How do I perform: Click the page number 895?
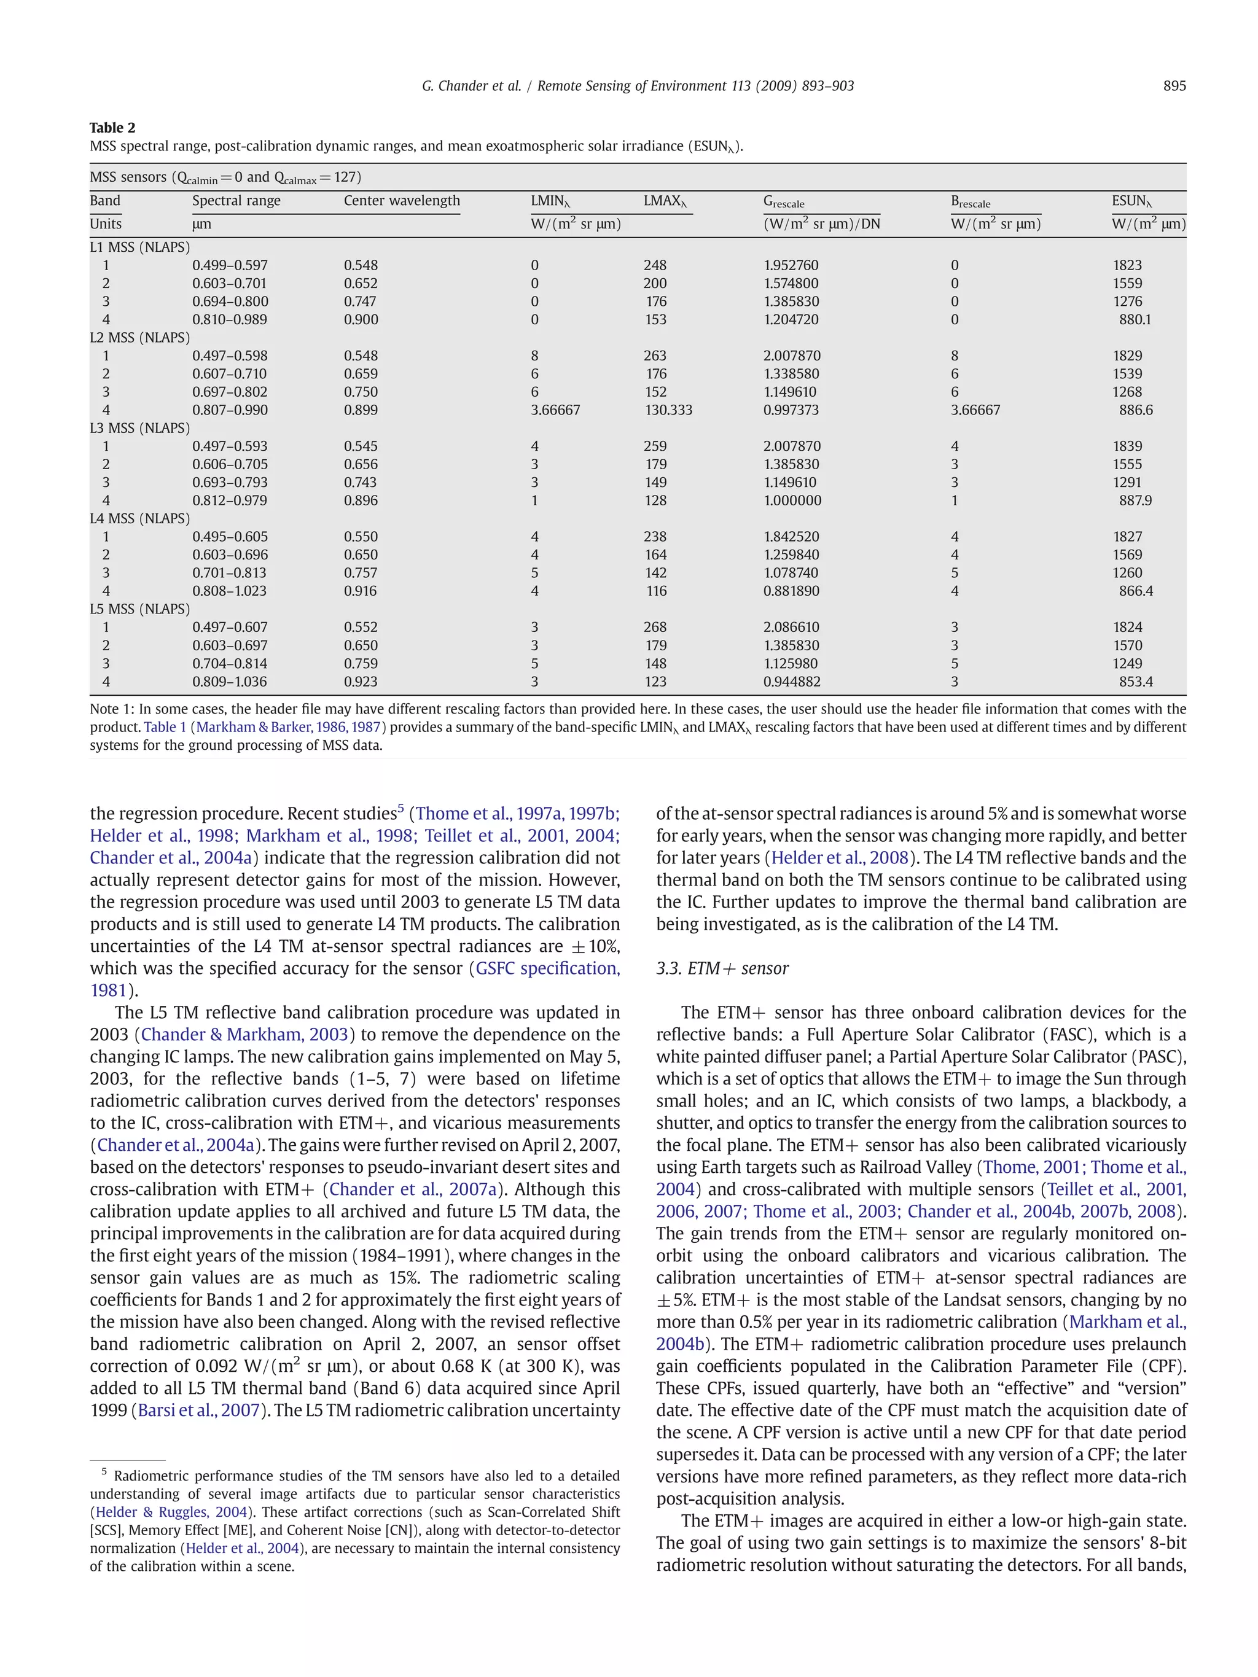pos(1174,86)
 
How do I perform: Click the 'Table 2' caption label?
pos(112,127)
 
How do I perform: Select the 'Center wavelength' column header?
pos(401,200)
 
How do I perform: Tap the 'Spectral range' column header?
pos(236,200)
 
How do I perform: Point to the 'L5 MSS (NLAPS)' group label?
pos(139,609)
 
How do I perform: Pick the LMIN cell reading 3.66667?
pos(555,410)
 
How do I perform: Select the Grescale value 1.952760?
pos(791,265)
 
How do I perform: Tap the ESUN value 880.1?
pos(1135,319)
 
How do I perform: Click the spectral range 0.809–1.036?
pos(229,682)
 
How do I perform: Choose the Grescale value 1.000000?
pos(792,500)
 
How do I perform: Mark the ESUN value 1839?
pos(1127,446)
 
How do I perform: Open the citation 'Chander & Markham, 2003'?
pos(244,1034)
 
